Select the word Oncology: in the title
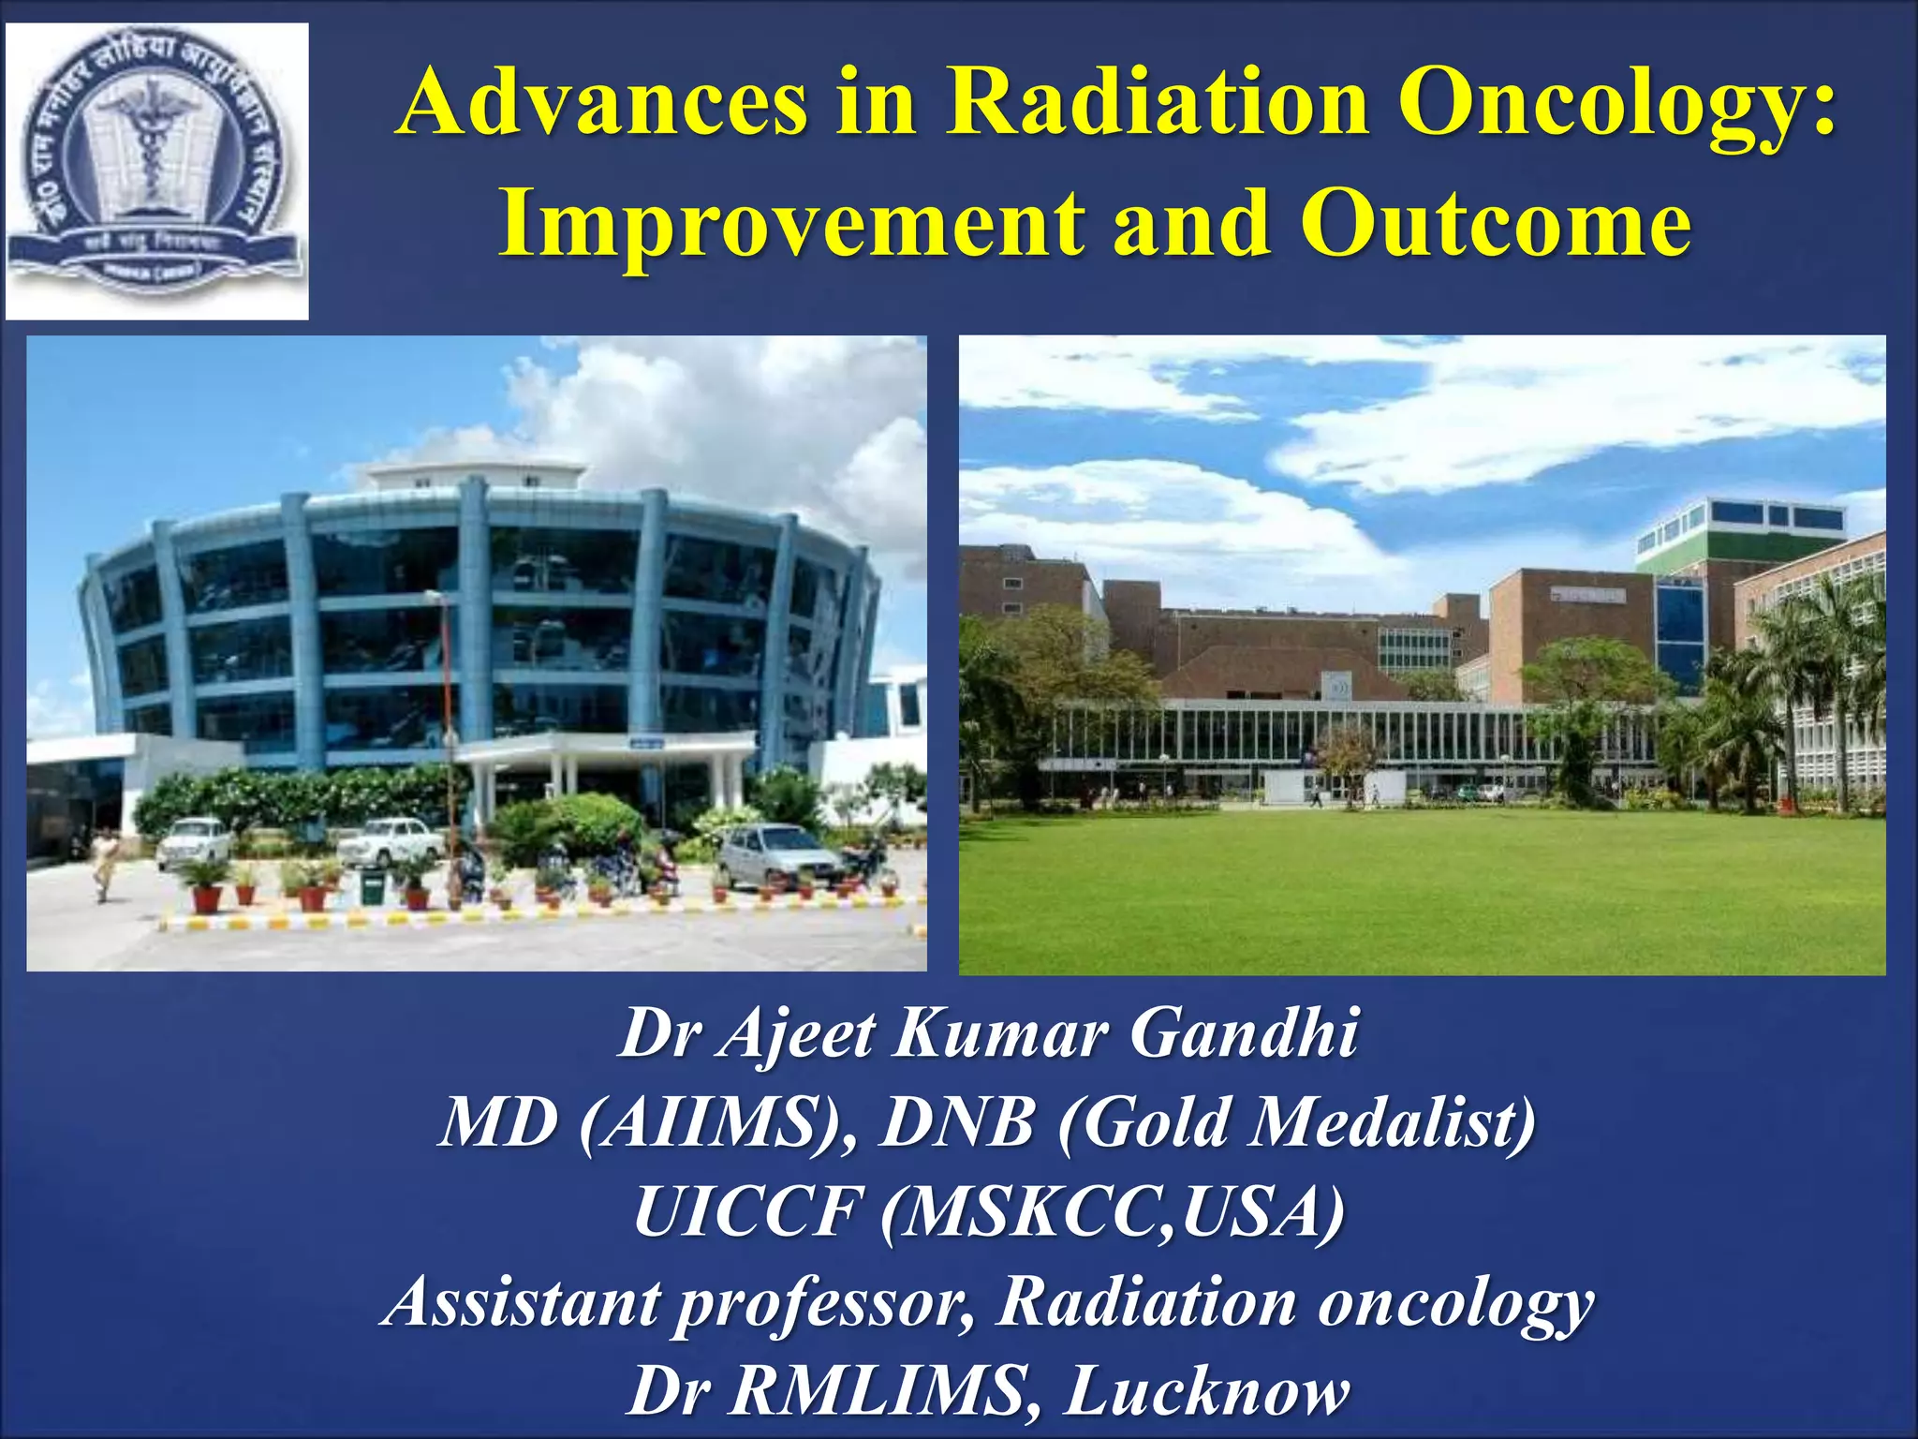coord(1616,105)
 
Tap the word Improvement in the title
coord(791,225)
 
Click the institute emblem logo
coord(156,171)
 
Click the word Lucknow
coord(1208,1390)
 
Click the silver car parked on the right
coord(777,854)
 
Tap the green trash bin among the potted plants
coord(372,885)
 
